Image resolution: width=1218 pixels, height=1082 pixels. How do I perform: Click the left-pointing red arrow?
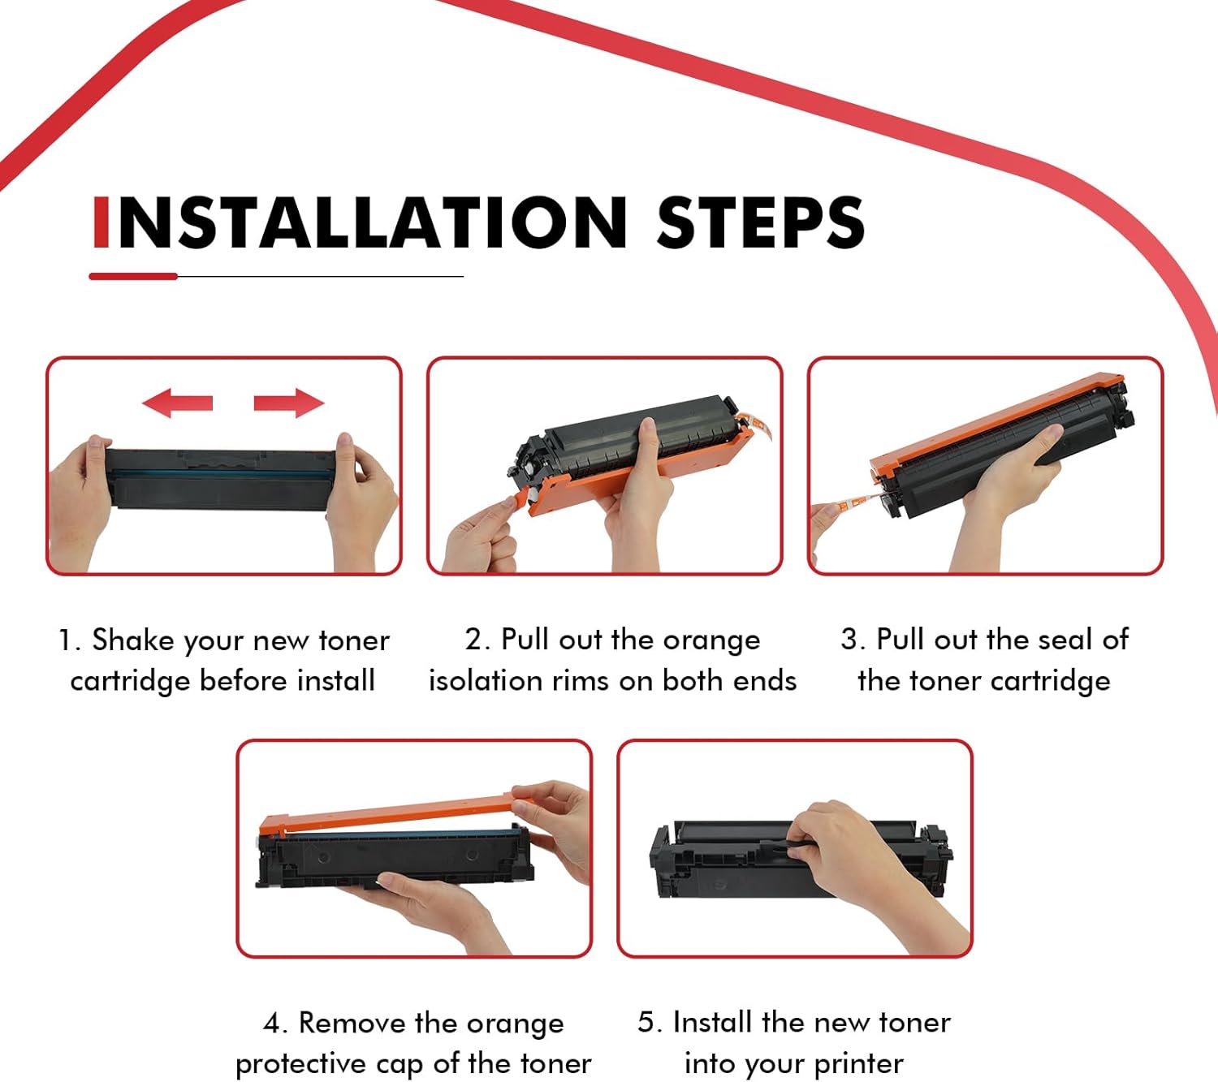point(177,403)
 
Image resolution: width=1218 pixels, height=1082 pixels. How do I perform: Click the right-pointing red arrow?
point(289,403)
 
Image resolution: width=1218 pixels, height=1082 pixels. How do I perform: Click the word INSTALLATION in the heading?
point(360,222)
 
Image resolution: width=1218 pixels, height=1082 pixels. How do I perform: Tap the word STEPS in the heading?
point(761,222)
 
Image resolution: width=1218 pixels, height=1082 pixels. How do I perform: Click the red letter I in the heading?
point(101,222)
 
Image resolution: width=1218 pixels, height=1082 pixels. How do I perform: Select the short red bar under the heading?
point(133,277)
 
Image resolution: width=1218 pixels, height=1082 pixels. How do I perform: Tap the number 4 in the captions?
point(273,1023)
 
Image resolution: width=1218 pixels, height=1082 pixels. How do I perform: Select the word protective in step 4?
point(300,1065)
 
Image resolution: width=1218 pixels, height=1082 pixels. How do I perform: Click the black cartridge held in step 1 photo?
point(220,479)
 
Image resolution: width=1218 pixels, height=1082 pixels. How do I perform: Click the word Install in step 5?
point(713,1023)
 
